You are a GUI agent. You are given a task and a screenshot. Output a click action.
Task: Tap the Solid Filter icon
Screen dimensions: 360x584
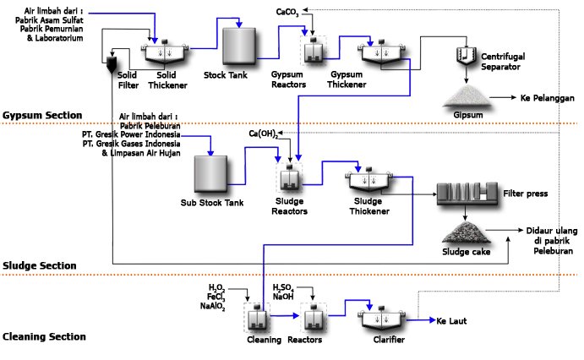click(x=115, y=66)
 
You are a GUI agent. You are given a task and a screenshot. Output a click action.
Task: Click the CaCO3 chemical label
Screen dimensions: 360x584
click(x=289, y=12)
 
